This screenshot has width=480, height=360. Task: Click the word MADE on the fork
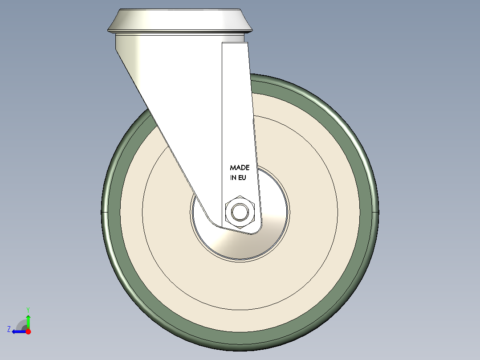pos(240,168)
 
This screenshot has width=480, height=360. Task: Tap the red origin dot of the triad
pos(28,331)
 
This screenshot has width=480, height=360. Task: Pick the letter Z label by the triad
pos(8,329)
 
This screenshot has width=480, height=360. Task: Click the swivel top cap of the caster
pos(180,20)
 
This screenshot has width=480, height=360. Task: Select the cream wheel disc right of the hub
pos(321,209)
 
